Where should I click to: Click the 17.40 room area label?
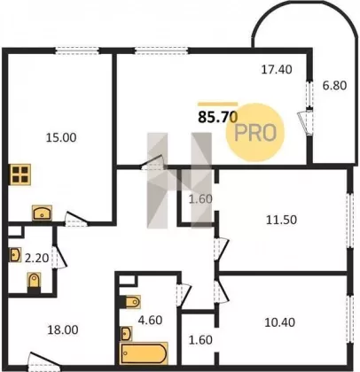[277, 70]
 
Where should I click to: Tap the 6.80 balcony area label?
[334, 86]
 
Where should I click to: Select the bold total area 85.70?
[218, 117]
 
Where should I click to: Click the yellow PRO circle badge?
[255, 132]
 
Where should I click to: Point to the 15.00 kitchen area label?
[61, 137]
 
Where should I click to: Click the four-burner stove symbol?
[20, 174]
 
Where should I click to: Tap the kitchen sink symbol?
[42, 213]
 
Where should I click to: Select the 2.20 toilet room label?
[36, 259]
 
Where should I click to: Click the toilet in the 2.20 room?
[34, 282]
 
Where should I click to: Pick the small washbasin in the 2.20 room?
[15, 255]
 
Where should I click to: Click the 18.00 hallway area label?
[63, 329]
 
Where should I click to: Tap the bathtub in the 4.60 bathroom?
[144, 353]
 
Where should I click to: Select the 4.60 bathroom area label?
[151, 321]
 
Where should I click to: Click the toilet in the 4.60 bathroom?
[130, 302]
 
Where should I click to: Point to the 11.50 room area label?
[281, 220]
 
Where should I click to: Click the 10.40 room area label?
[279, 322]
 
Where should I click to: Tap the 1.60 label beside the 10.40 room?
[200, 340]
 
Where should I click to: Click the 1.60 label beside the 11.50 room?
[200, 199]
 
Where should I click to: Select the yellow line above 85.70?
[218, 104]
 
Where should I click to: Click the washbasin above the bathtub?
[126, 334]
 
